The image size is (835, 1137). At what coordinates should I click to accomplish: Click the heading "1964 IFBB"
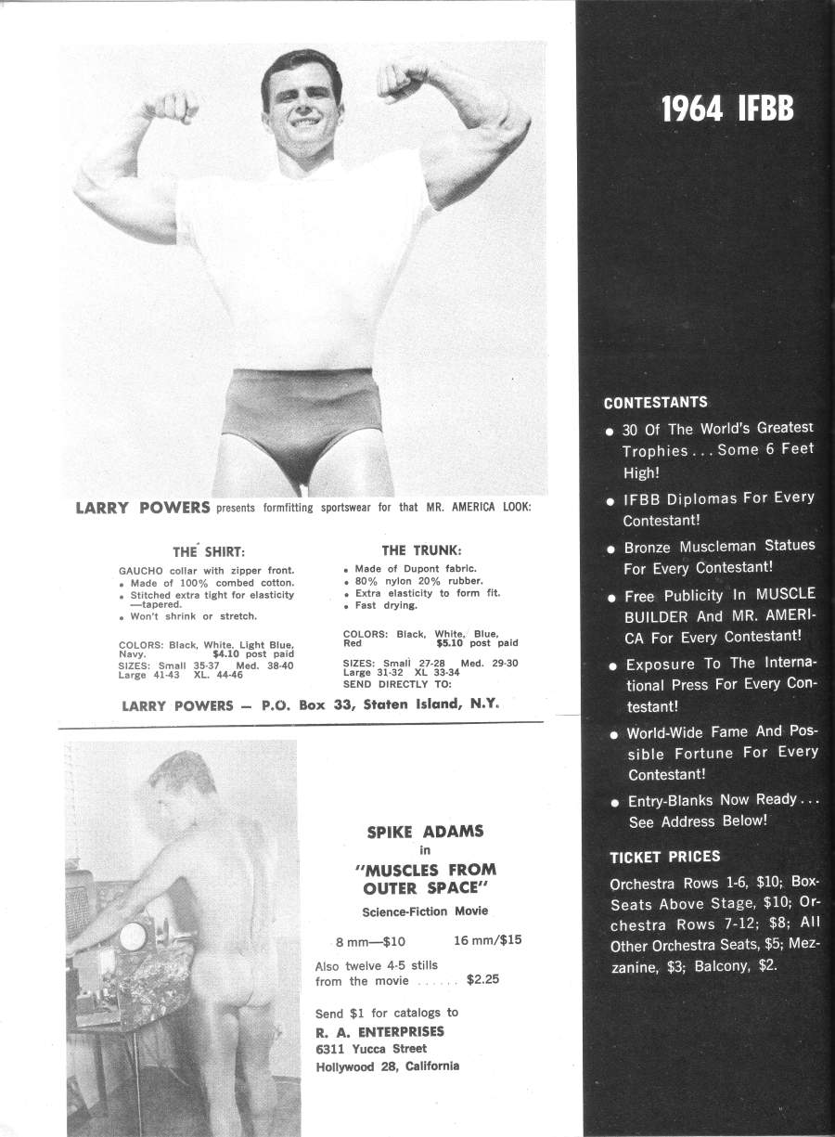(x=726, y=110)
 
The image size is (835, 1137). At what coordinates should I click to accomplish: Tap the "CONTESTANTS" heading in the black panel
(x=655, y=403)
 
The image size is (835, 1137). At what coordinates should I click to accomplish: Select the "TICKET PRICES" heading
(x=664, y=857)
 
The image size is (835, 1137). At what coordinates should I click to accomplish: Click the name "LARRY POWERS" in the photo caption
(x=142, y=509)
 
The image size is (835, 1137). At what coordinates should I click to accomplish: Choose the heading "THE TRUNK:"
(x=421, y=550)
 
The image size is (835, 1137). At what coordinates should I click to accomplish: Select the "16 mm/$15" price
(x=487, y=939)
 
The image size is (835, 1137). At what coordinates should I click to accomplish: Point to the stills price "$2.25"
(x=482, y=978)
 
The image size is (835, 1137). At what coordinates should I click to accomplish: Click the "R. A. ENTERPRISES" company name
(x=379, y=1031)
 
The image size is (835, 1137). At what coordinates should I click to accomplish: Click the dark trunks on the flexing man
(x=299, y=422)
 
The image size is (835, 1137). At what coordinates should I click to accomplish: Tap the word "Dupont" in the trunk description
(x=402, y=568)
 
